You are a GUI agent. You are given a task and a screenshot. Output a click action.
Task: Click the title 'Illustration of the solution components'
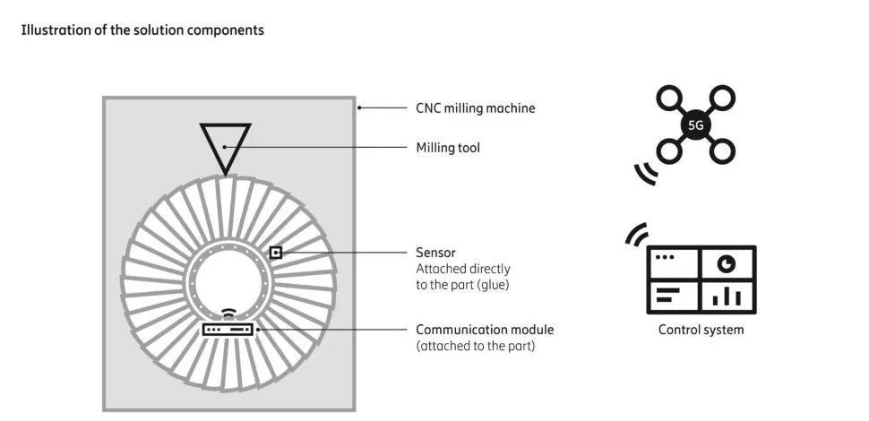click(x=142, y=30)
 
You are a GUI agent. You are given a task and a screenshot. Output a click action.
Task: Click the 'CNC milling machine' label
click(x=475, y=108)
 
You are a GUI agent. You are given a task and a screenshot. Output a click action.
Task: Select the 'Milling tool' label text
click(x=448, y=147)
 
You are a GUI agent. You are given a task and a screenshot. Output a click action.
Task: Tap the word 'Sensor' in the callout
click(x=436, y=253)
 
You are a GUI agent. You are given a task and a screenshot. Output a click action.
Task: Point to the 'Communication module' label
click(x=485, y=330)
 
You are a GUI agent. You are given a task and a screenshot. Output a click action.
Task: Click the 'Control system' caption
click(x=701, y=330)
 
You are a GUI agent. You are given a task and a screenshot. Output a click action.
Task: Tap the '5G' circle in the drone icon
click(x=695, y=125)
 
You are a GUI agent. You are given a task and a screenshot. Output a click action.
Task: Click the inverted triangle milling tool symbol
click(x=225, y=144)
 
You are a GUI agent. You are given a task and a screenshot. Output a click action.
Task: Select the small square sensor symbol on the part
click(x=276, y=253)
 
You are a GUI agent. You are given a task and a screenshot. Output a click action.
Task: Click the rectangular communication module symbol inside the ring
click(x=229, y=330)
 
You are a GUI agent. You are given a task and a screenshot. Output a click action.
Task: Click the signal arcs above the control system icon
click(x=636, y=236)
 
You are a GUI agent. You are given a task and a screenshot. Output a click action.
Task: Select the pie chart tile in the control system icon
click(x=727, y=263)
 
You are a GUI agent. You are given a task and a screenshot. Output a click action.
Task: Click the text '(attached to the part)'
click(x=475, y=346)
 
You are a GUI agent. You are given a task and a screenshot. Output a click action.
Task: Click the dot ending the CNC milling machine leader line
click(x=359, y=108)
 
